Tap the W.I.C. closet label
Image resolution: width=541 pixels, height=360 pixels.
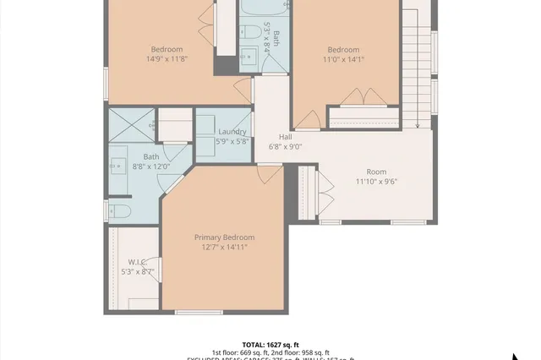tap(138, 261)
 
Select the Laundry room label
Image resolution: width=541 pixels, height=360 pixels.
tap(232, 132)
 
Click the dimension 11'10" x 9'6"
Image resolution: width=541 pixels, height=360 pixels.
tap(376, 181)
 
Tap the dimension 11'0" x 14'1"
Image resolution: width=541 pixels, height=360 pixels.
tap(343, 59)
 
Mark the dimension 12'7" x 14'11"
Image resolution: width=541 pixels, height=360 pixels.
tap(224, 248)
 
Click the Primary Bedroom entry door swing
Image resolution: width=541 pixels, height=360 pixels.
tap(269, 173)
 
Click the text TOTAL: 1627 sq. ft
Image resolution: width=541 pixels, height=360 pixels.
tap(270, 345)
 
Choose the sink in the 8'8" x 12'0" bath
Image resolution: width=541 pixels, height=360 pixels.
tap(117, 164)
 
